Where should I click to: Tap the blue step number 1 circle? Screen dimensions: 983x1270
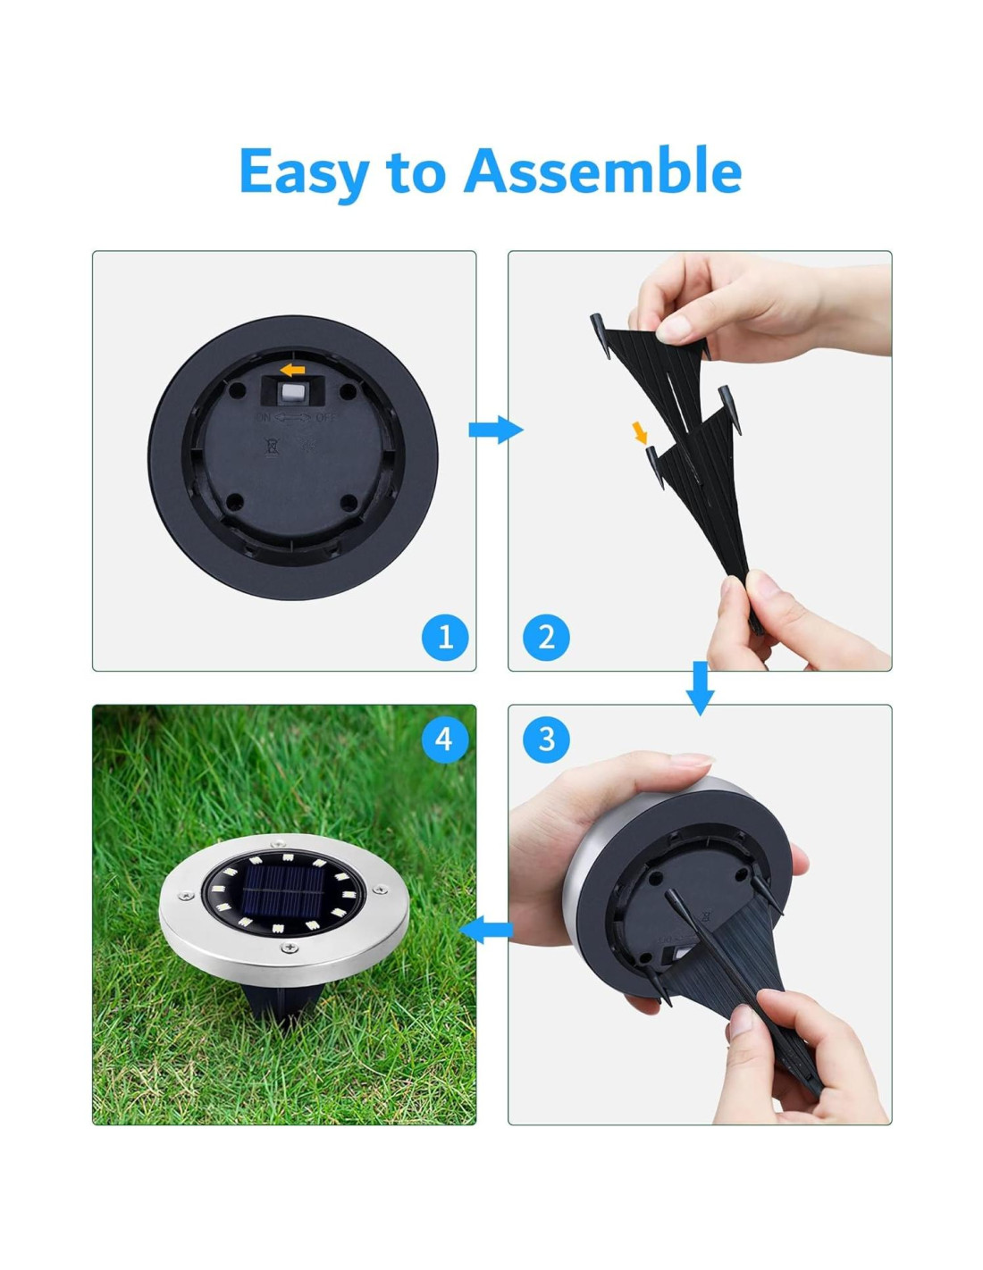445,637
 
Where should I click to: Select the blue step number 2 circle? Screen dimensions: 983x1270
546,637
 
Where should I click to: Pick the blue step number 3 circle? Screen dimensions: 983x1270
546,739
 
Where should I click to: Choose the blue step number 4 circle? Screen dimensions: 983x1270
445,739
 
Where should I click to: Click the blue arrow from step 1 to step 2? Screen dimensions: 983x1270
495,430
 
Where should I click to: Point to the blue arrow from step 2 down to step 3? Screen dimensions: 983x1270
700,688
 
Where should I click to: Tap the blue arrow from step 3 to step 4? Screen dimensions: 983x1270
486,929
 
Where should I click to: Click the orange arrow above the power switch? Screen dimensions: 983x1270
292,370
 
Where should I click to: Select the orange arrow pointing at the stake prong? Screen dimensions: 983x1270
641,433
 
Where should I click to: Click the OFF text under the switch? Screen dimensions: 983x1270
326,418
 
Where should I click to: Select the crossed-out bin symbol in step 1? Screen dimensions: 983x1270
271,447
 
